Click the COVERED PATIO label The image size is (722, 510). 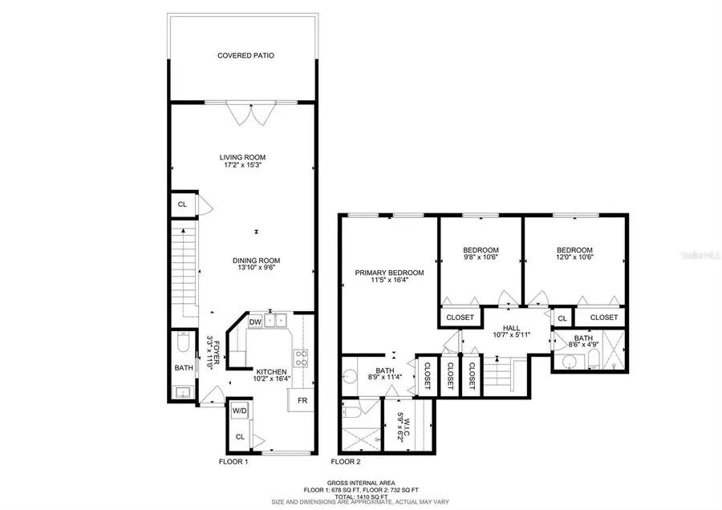tap(241, 56)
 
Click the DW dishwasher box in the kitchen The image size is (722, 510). tap(255, 322)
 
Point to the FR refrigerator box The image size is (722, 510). tap(302, 400)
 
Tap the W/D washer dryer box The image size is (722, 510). tap(240, 411)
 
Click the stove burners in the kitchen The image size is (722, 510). tap(302, 358)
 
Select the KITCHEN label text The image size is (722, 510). tap(271, 372)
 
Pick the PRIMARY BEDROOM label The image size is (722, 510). tap(389, 273)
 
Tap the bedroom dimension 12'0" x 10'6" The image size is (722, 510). tap(574, 258)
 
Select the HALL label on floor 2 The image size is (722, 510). tap(512, 328)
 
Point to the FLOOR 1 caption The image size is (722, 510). tap(233, 462)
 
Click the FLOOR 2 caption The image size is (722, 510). tap(347, 462)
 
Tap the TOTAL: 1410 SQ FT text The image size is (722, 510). tap(360, 494)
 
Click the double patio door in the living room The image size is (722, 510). tap(241, 113)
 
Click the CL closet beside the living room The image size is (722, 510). tap(182, 204)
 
